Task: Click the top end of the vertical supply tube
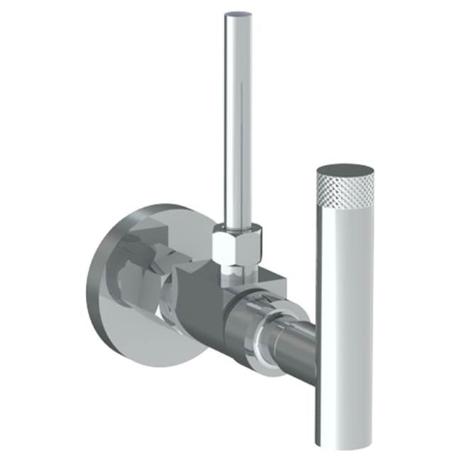point(238,16)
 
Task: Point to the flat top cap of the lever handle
point(345,171)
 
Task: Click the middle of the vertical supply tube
point(238,121)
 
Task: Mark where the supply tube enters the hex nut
point(238,226)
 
